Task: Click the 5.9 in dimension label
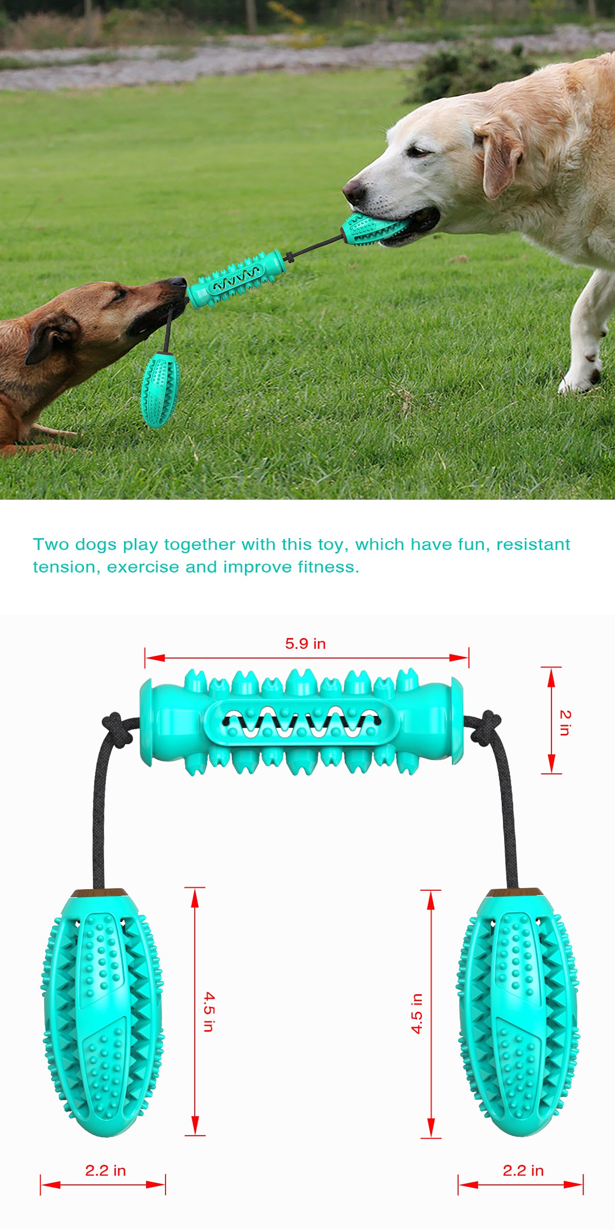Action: click(305, 644)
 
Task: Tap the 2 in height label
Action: click(564, 723)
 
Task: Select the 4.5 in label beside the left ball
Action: click(209, 1012)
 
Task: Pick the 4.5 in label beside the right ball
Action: click(417, 1013)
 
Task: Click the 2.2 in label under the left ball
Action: click(106, 1171)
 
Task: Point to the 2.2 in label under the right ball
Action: click(523, 1171)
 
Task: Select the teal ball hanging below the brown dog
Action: click(159, 389)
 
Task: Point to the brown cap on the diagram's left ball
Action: click(99, 893)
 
